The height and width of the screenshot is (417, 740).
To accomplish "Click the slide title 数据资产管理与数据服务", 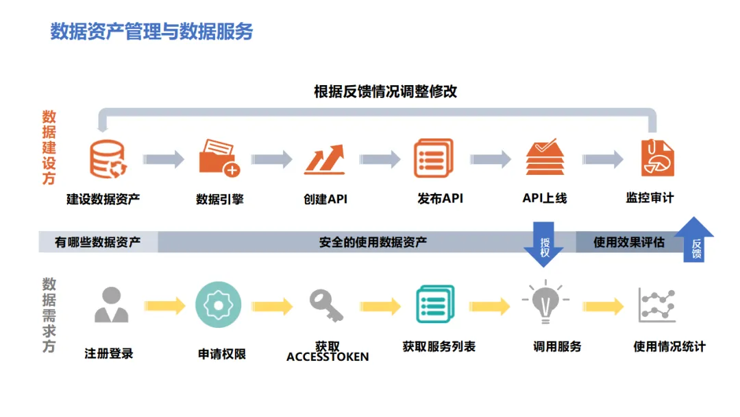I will tap(151, 32).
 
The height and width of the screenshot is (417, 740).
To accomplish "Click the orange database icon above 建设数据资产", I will tap(108, 159).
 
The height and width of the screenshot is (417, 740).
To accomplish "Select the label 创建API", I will tap(325, 200).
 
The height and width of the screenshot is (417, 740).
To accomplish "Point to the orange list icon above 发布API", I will tap(434, 158).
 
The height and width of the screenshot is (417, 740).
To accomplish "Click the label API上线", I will tap(545, 198).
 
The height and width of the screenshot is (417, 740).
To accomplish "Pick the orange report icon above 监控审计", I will tap(657, 158).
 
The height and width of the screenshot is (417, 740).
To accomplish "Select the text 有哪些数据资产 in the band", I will tap(98, 242).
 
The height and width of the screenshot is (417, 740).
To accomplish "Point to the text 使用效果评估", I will tap(628, 242).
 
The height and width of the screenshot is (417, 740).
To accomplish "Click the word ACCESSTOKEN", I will tap(328, 357).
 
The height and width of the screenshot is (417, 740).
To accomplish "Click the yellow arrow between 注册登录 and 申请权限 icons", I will tap(165, 306).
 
